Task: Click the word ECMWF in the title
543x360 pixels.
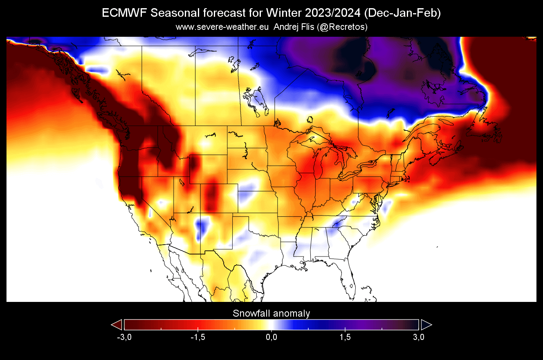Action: (124, 13)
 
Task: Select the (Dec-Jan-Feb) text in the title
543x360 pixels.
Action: (402, 13)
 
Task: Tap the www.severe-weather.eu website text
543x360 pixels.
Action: (222, 27)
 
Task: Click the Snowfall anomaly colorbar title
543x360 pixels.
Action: (271, 314)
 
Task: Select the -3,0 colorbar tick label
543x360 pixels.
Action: (123, 337)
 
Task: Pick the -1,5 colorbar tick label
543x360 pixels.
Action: (197, 337)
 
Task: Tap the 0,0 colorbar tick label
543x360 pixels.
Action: (271, 337)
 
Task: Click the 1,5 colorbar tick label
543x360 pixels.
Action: (345, 337)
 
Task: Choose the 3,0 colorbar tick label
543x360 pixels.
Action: (418, 337)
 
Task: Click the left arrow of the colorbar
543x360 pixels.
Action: (117, 325)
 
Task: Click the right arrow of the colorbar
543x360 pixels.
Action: (426, 325)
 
